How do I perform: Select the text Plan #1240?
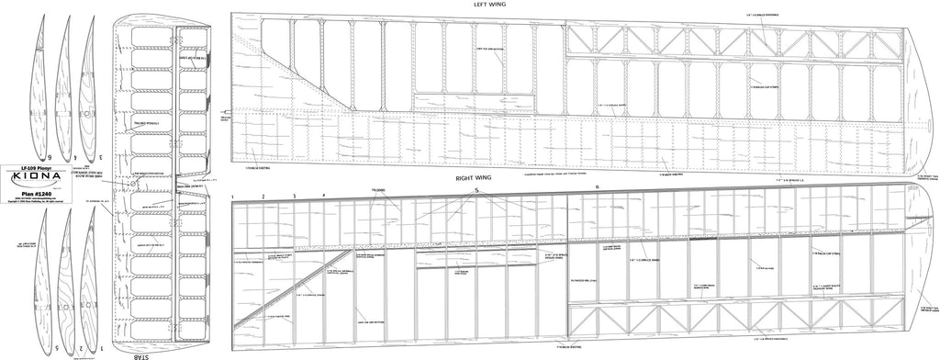click(42, 195)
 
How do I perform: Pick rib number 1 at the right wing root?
click(233, 197)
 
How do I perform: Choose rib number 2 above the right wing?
click(263, 197)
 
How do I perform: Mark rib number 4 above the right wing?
click(323, 197)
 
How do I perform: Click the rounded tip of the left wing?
click(923, 92)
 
